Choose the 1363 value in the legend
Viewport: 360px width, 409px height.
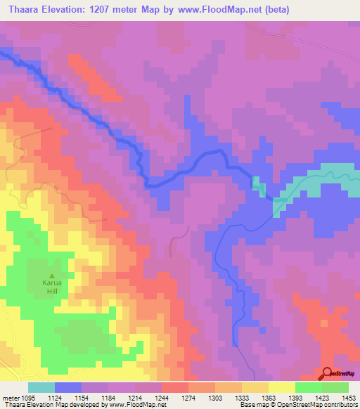[x=257, y=397]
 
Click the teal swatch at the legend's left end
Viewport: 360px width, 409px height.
[x=41, y=387]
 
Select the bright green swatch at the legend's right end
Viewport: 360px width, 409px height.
[x=335, y=387]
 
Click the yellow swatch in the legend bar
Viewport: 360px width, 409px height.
[x=281, y=387]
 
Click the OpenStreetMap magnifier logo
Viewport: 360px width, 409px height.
[x=328, y=374]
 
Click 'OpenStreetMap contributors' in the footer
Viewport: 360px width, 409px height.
[x=317, y=405]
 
